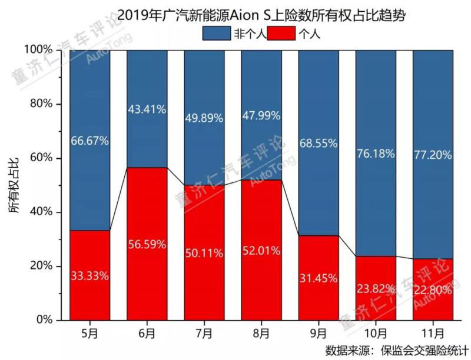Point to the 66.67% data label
tap(89, 141)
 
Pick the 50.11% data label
tap(204, 254)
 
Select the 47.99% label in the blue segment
tap(261, 116)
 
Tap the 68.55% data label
tap(318, 143)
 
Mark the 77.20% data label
tap(433, 155)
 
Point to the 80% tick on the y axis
tap(41, 104)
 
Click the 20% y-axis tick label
tap(41, 266)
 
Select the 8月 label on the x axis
tap(261, 333)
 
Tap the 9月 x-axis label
tap(318, 333)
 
